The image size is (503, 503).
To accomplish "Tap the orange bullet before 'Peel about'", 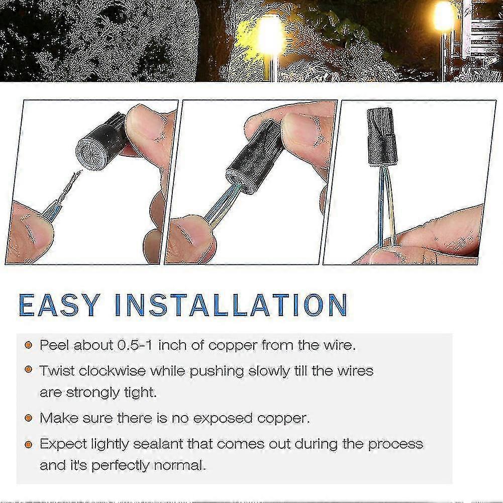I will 29,346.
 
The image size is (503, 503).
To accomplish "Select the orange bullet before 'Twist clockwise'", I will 29,371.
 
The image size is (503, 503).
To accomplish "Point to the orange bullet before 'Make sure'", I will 29,418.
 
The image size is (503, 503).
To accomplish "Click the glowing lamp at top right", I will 444,17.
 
